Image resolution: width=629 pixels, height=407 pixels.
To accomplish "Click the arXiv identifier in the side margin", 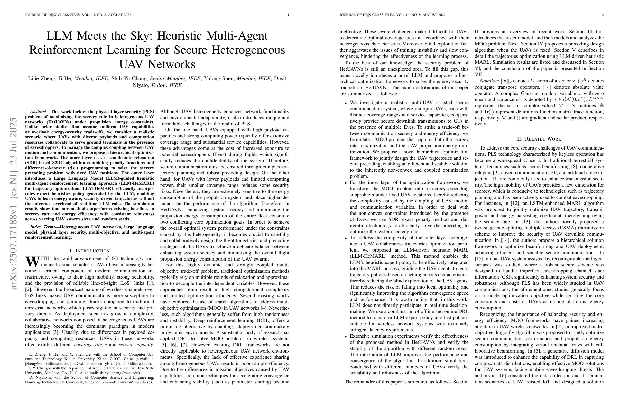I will pyautogui.click(x=13, y=203).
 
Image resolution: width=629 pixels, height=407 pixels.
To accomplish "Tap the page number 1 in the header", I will pyautogui.click(x=288, y=15).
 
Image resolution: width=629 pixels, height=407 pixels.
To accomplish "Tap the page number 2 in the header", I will pyautogui.click(x=603, y=15).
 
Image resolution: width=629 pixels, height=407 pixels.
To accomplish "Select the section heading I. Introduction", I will pyautogui.click(x=89, y=251).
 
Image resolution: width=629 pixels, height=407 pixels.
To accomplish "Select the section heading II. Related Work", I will pyautogui.click(x=539, y=139).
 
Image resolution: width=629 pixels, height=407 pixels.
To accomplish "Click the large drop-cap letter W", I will pyautogui.click(x=32, y=261).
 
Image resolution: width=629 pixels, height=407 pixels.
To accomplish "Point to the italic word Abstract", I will pyautogui.click(x=38, y=112).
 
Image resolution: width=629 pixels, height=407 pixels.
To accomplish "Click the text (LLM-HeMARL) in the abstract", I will pyautogui.click(x=137, y=183).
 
